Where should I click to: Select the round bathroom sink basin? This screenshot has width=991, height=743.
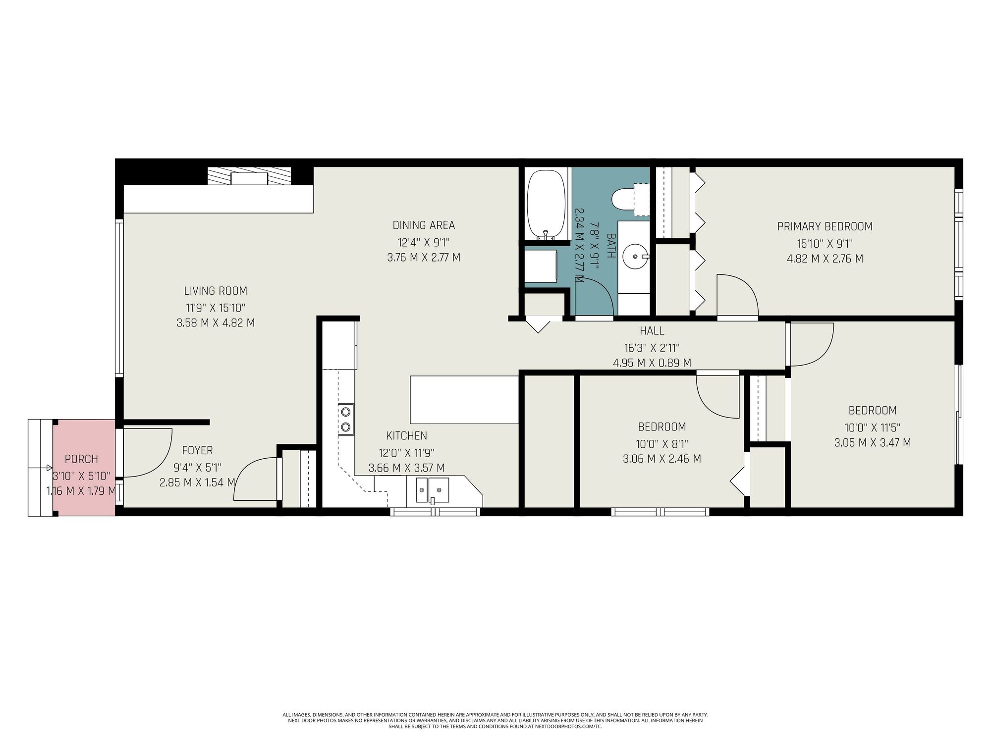click(635, 256)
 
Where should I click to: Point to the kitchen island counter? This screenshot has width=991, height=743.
click(464, 400)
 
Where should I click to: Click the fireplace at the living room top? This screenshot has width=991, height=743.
click(249, 176)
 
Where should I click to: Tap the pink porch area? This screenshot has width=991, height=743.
click(84, 468)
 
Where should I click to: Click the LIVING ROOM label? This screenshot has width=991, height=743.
click(216, 291)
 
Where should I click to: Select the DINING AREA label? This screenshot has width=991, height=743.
click(424, 225)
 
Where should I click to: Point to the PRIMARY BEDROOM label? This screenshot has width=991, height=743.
click(825, 226)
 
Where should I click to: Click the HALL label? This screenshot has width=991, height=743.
click(652, 331)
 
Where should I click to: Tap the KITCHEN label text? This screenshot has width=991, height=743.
click(406, 436)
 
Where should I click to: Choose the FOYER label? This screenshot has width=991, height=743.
click(197, 450)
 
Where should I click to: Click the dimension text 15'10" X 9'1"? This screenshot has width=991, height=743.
click(825, 243)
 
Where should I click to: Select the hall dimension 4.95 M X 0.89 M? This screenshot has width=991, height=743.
click(652, 363)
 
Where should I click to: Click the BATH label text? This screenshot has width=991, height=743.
click(611, 246)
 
